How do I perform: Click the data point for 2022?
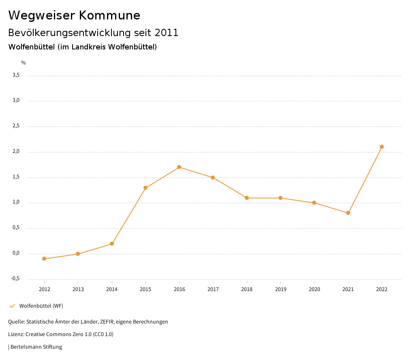(382, 147)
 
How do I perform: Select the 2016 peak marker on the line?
(179, 167)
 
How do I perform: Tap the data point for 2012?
(44, 259)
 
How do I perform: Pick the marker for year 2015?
(145, 188)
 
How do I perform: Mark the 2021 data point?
(348, 213)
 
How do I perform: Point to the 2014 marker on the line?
(112, 244)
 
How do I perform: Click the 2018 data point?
(247, 198)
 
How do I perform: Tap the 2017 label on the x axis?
(213, 289)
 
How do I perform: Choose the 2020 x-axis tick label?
(314, 289)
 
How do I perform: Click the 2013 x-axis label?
(78, 289)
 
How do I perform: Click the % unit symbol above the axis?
(24, 63)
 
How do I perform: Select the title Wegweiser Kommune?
(74, 15)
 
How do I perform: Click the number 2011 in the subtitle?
(167, 33)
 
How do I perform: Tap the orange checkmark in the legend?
(12, 306)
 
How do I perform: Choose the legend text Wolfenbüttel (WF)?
(41, 306)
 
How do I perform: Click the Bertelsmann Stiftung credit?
(36, 347)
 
